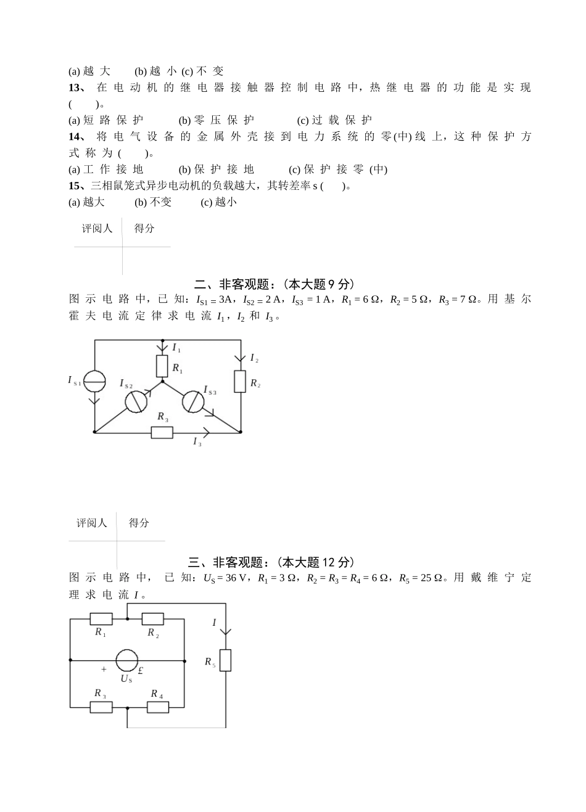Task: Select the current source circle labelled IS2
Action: click(136, 401)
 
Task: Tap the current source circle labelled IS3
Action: click(192, 401)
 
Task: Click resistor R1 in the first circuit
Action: click(162, 366)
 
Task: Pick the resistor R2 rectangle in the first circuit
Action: click(241, 382)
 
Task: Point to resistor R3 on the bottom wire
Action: click(162, 432)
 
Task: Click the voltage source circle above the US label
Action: click(127, 660)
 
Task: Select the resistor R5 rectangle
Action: click(226, 660)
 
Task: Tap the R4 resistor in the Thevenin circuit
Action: click(158, 707)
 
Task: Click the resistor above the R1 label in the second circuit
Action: click(101, 618)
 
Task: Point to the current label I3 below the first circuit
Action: click(197, 442)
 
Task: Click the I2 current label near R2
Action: click(254, 358)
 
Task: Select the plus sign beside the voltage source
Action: click(104, 670)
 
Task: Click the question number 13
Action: click(75, 88)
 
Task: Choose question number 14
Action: click(75, 136)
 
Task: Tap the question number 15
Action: click(75, 186)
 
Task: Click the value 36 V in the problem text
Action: click(236, 578)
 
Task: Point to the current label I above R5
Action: click(215, 623)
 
